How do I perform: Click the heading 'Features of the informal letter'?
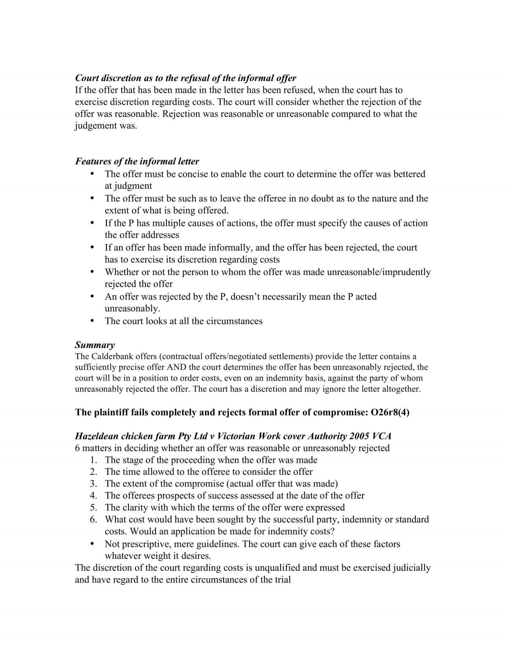coord(137,161)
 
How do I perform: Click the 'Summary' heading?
coord(95,345)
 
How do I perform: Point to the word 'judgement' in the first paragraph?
coord(93,126)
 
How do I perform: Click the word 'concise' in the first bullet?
coord(186,174)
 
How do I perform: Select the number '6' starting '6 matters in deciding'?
coord(77,448)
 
